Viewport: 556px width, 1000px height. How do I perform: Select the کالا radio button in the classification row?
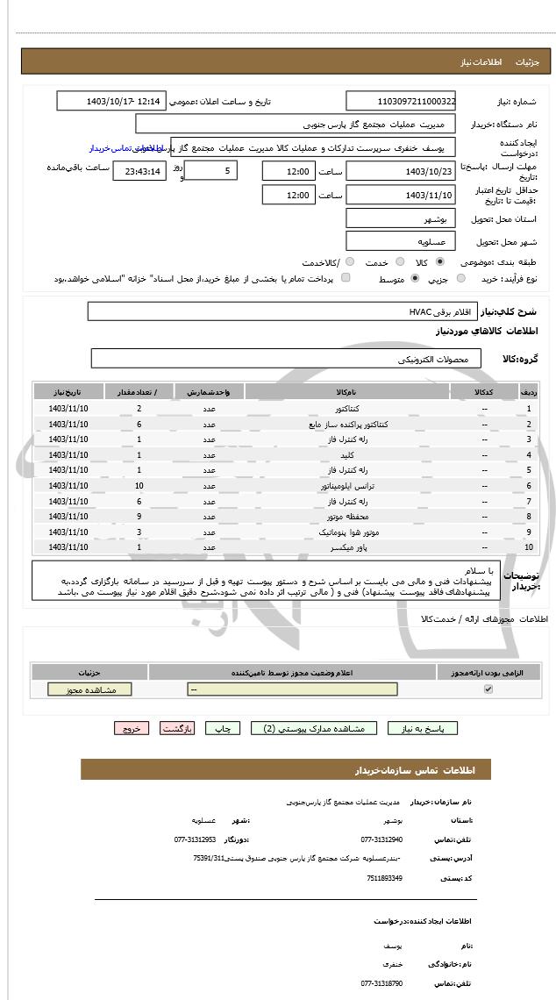[x=439, y=262]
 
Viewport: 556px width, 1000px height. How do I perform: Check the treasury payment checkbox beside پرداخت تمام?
[x=345, y=279]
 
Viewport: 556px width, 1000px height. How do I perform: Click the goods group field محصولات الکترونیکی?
[x=285, y=359]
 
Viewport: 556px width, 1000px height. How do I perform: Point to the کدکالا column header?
[x=483, y=392]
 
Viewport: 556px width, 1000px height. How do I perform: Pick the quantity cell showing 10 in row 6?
[x=139, y=485]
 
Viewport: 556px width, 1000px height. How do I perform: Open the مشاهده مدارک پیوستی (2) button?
[x=313, y=728]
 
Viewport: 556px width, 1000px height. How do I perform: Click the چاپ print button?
[x=224, y=728]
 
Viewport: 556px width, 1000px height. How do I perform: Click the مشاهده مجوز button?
[x=89, y=690]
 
